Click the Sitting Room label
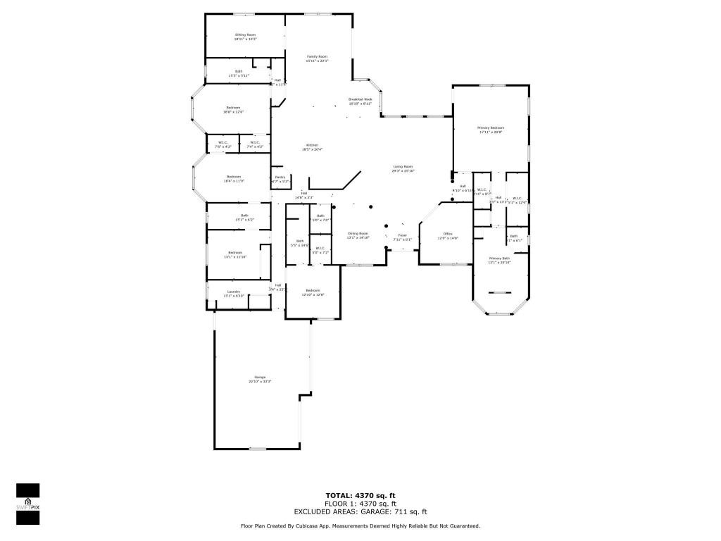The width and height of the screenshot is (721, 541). click(245, 37)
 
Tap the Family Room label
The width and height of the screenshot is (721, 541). click(317, 58)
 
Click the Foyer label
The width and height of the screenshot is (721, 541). click(402, 237)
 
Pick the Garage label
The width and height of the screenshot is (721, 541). click(260, 380)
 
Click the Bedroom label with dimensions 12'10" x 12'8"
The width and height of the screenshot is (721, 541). click(313, 292)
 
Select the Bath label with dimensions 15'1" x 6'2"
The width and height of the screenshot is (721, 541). click(244, 218)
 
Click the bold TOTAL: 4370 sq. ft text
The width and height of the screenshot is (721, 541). click(360, 496)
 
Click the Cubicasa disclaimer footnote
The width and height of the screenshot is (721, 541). click(360, 526)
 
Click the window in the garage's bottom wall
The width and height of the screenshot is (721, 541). click(258, 449)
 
